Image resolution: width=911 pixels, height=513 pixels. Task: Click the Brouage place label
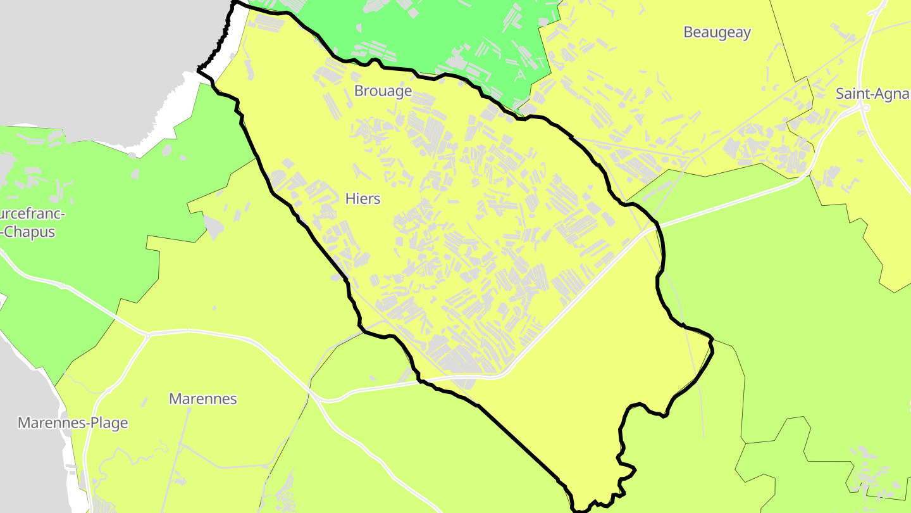tap(383, 91)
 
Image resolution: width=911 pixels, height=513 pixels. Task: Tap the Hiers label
tap(363, 199)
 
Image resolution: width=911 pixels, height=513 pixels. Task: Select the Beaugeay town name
tap(717, 32)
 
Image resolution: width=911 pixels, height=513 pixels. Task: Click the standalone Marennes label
tap(202, 399)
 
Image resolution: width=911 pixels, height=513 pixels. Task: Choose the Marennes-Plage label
tap(73, 423)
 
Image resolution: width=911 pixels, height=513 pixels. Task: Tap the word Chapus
tap(29, 232)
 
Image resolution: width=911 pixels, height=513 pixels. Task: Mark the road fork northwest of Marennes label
tap(147, 334)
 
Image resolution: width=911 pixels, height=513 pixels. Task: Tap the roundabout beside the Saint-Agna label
tap(864, 108)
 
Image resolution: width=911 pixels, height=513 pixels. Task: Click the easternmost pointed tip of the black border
tap(713, 342)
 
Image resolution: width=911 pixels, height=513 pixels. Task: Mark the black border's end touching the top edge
tap(235, 3)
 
